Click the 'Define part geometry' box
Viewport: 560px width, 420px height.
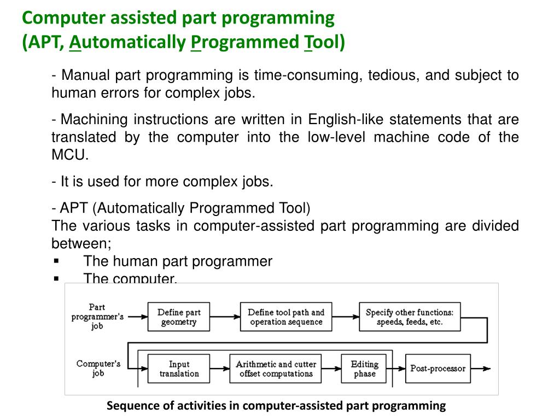[x=179, y=317]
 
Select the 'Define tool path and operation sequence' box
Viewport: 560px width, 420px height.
[x=286, y=317]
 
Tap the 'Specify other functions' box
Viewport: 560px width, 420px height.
[x=409, y=317]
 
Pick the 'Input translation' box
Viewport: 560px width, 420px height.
[x=179, y=369]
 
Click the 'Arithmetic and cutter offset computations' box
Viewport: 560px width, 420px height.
[x=276, y=369]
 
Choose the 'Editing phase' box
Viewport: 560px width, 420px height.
[x=364, y=369]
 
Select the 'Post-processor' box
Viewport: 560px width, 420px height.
[x=437, y=369]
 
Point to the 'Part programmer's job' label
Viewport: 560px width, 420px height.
[x=97, y=317]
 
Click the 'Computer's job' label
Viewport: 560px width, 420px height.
[x=98, y=369]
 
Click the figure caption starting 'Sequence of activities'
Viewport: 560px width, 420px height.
[x=276, y=406]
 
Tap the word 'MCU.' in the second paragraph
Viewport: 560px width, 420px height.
[x=70, y=155]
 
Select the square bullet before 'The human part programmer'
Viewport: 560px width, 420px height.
[x=56, y=261]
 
